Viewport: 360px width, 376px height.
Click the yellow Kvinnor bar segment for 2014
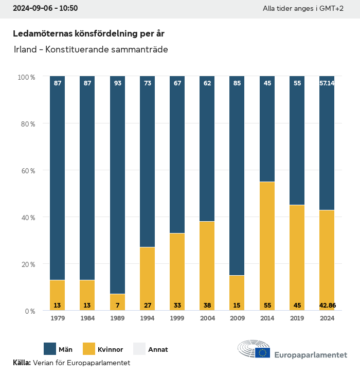pyautogui.click(x=267, y=246)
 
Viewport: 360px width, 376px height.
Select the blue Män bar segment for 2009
pyautogui.click(x=237, y=175)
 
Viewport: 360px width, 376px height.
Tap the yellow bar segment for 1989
pyautogui.click(x=117, y=302)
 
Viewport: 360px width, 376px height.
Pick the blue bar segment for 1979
pyautogui.click(x=57, y=178)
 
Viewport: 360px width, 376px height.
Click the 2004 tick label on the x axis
pyautogui.click(x=207, y=318)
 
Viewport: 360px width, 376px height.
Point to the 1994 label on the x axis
pyautogui.click(x=147, y=318)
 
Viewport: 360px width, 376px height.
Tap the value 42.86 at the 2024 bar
pyautogui.click(x=327, y=306)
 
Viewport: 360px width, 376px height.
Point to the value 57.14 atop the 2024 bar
pyautogui.click(x=327, y=83)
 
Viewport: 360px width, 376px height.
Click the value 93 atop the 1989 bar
pyautogui.click(x=117, y=83)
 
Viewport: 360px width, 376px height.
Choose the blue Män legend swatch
pyautogui.click(x=50, y=349)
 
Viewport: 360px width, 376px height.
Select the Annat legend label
pyautogui.click(x=158, y=350)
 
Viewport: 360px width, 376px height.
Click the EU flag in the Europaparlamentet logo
pyautogui.click(x=263, y=352)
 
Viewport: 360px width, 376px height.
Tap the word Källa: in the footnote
pyautogui.click(x=22, y=363)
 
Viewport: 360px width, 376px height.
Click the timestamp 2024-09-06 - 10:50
pyautogui.click(x=45, y=9)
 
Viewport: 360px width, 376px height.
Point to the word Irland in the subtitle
pyautogui.click(x=24, y=50)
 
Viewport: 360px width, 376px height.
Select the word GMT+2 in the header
pyautogui.click(x=332, y=9)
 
